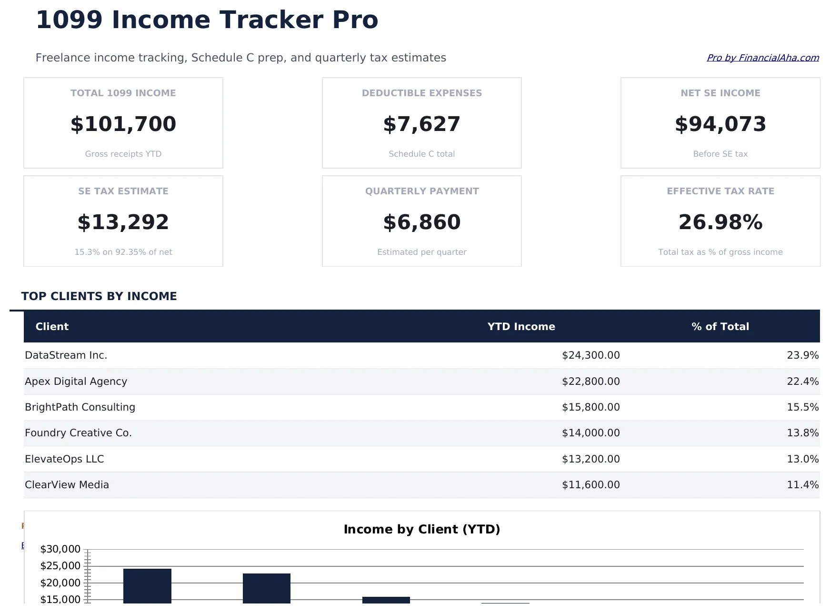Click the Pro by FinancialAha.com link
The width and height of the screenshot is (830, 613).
762,58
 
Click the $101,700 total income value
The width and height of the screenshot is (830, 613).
123,124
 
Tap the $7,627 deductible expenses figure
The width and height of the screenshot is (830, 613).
421,124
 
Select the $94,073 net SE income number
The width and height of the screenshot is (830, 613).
720,124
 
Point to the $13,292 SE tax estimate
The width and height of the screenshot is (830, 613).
123,222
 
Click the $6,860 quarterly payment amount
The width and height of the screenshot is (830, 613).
421,222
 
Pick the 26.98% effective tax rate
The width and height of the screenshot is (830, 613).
720,222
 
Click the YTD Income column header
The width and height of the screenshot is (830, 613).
521,327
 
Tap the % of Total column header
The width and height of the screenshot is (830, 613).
720,327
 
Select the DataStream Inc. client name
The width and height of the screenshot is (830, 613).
66,355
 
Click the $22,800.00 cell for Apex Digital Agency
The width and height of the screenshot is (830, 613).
590,382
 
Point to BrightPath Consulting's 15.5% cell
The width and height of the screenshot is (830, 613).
802,407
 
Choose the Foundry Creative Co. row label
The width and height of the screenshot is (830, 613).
78,433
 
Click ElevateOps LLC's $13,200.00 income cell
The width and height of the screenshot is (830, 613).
590,459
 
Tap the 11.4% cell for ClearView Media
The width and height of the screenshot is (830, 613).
802,485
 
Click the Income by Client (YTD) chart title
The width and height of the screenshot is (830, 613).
421,530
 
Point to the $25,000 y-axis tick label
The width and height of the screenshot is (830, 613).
60,566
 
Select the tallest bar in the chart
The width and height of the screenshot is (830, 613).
147,586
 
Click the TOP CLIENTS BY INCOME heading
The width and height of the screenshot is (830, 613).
99,296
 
